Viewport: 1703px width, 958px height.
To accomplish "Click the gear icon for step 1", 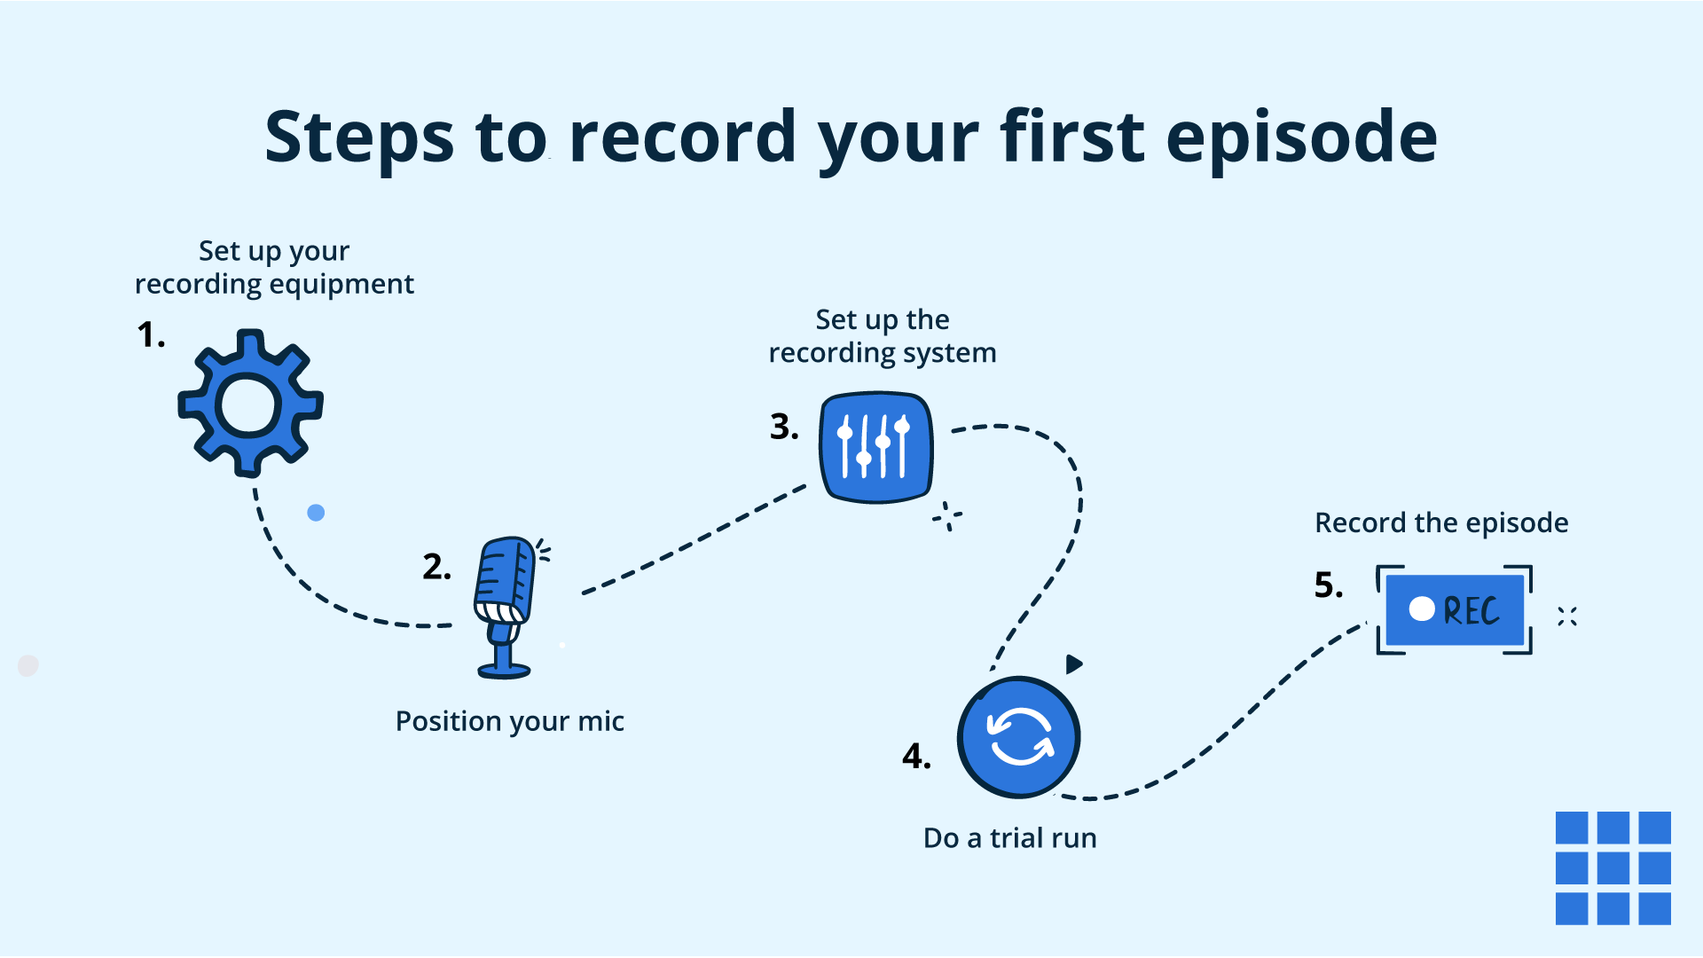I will point(250,404).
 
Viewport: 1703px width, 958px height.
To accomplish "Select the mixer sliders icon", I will point(875,447).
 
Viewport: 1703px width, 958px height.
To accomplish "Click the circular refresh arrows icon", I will point(1019,737).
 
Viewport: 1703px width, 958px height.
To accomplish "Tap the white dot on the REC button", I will point(1422,609).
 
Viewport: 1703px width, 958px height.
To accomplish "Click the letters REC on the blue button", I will point(1471,611).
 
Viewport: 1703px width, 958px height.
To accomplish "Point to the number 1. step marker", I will point(151,335).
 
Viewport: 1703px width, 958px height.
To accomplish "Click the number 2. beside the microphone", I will point(436,567).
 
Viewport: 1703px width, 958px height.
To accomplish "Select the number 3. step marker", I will point(784,427).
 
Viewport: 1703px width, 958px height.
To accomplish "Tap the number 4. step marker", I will point(916,757).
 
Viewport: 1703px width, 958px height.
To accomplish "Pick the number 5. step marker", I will point(1329,585).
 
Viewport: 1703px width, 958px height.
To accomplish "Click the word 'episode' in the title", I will point(1301,137).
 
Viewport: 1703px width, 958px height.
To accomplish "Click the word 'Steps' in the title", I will point(359,137).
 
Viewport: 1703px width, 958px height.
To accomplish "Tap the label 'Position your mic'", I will point(510,721).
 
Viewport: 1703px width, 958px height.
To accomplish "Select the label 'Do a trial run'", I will point(1009,838).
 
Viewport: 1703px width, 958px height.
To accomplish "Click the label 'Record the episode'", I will point(1441,522).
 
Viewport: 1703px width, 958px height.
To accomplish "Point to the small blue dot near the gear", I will point(316,513).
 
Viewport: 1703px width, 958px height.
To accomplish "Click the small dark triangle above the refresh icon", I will point(1073,664).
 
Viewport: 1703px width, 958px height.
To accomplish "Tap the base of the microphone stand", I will point(504,671).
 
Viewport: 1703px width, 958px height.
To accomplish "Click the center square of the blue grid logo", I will point(1613,868).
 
